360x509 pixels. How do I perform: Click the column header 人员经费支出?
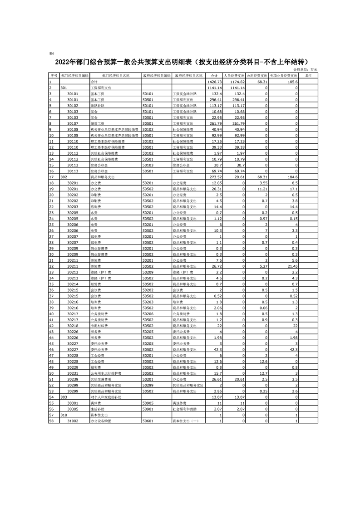pyautogui.click(x=234, y=76)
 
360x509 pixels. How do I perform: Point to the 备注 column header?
pyautogui.click(x=308, y=76)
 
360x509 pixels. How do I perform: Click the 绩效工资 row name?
pyautogui.click(x=98, y=123)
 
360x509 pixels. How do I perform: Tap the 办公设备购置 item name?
pyautogui.click(x=100, y=421)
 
